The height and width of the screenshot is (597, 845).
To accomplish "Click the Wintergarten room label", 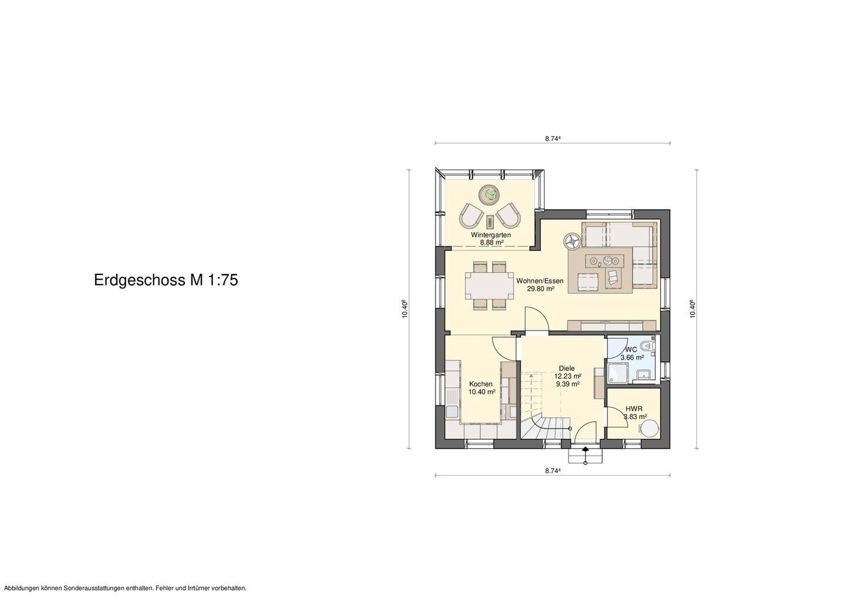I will click(491, 235).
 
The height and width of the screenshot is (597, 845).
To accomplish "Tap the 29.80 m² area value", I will click(540, 289).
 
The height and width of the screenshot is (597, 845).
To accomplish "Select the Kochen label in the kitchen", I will click(481, 384).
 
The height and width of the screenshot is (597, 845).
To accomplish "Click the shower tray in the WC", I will click(617, 372).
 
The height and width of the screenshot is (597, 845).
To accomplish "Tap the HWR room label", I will click(633, 409).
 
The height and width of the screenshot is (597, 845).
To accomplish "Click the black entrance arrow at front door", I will click(585, 450).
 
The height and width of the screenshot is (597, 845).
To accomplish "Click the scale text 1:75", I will click(222, 280).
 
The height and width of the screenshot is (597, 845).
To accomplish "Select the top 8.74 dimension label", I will click(553, 139).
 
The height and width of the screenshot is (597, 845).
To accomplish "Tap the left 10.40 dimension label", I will click(405, 309).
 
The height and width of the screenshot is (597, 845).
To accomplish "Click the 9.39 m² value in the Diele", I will click(567, 384).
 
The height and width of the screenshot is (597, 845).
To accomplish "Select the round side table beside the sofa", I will click(572, 240).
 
